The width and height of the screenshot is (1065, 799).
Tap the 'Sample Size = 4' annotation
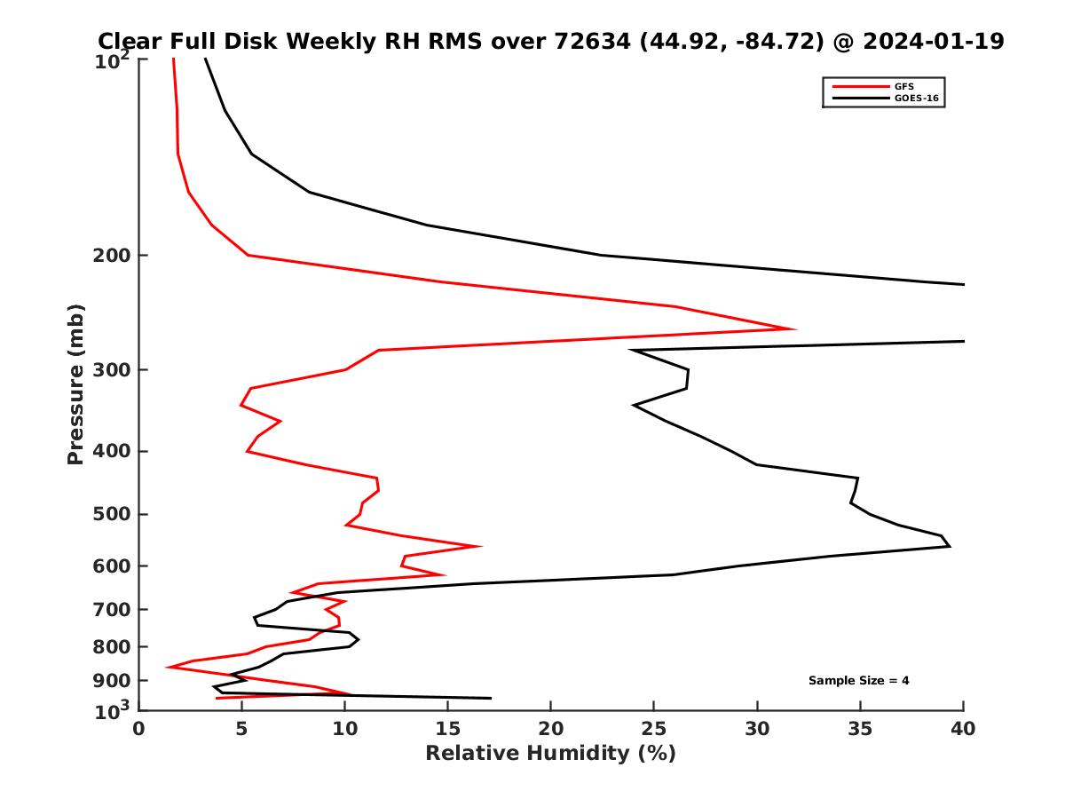858,681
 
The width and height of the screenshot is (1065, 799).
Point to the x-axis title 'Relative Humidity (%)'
550,754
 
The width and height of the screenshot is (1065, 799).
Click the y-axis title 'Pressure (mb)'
75,384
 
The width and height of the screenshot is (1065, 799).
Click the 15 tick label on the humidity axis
447,730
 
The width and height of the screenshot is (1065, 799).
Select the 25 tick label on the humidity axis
653,730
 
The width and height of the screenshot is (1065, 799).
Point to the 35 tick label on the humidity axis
859,730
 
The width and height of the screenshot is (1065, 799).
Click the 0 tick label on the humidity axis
139,730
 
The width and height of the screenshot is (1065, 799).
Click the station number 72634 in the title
584,41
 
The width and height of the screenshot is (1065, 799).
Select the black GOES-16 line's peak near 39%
950,546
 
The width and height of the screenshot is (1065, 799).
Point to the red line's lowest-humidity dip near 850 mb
168,667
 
